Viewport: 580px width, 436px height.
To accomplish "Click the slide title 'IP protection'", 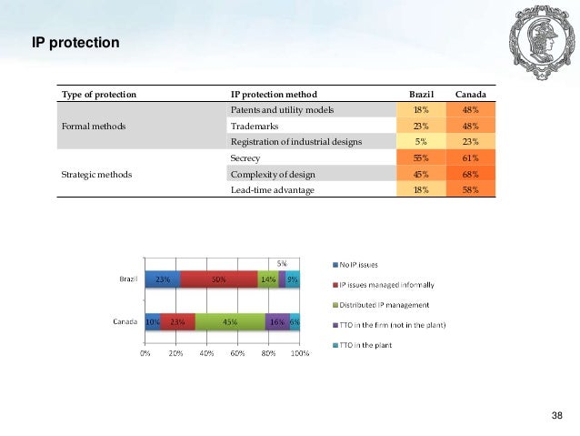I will (x=75, y=42).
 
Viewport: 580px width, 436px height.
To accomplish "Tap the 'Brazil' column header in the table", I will (x=423, y=95).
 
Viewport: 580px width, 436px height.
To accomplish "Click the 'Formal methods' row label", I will (x=95, y=126).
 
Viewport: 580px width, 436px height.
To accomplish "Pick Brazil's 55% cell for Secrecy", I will (x=423, y=157).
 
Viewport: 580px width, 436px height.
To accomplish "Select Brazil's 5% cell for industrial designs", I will (x=423, y=141).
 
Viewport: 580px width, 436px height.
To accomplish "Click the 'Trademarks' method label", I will (x=256, y=126).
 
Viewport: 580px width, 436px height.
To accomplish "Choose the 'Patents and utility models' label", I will (x=283, y=110).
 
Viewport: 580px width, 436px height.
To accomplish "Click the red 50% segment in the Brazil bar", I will (x=218, y=279).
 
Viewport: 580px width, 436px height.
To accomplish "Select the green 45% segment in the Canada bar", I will (x=230, y=320).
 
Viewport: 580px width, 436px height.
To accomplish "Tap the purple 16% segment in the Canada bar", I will (x=277, y=320).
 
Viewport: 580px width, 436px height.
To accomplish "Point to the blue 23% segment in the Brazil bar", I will (x=163, y=279).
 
